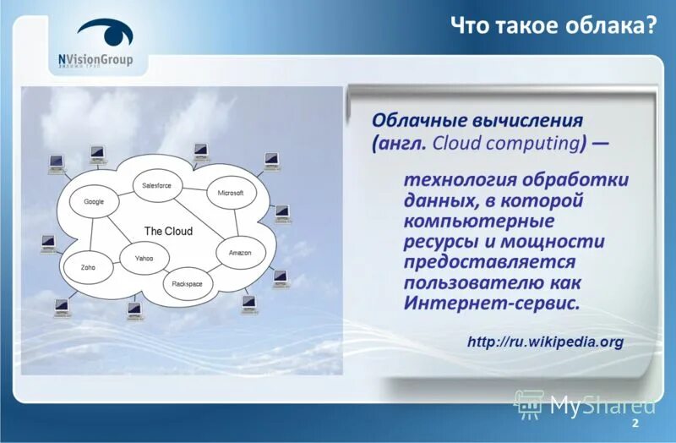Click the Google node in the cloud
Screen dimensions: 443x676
[x=94, y=201]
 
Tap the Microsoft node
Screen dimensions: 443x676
[x=230, y=193]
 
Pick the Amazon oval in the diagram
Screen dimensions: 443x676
[x=241, y=252]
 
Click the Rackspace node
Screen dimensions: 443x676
[x=187, y=283]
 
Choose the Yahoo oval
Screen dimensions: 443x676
[x=143, y=258]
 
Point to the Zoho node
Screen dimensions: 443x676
[x=88, y=266]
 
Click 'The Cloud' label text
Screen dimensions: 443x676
[x=168, y=231]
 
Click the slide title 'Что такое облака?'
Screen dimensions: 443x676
[x=553, y=25]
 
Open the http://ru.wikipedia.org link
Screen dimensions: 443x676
[x=545, y=342]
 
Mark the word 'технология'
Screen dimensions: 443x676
[x=454, y=181]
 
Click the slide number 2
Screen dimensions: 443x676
[x=635, y=423]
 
